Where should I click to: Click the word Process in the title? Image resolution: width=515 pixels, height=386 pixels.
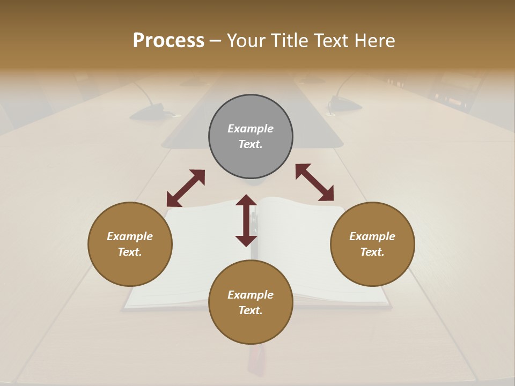coord(168,41)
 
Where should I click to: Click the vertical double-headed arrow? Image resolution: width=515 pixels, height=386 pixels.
coord(246,220)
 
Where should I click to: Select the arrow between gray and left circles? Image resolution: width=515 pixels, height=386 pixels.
coord(186,188)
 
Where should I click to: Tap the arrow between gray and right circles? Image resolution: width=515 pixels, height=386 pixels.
coord(315,182)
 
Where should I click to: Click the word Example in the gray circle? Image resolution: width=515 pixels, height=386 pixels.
coord(251,129)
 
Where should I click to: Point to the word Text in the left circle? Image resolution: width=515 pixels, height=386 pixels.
coord(129,252)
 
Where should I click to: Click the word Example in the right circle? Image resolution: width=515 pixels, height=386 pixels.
coord(372,236)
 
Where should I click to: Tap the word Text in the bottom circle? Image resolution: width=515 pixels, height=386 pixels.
coord(250,310)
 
